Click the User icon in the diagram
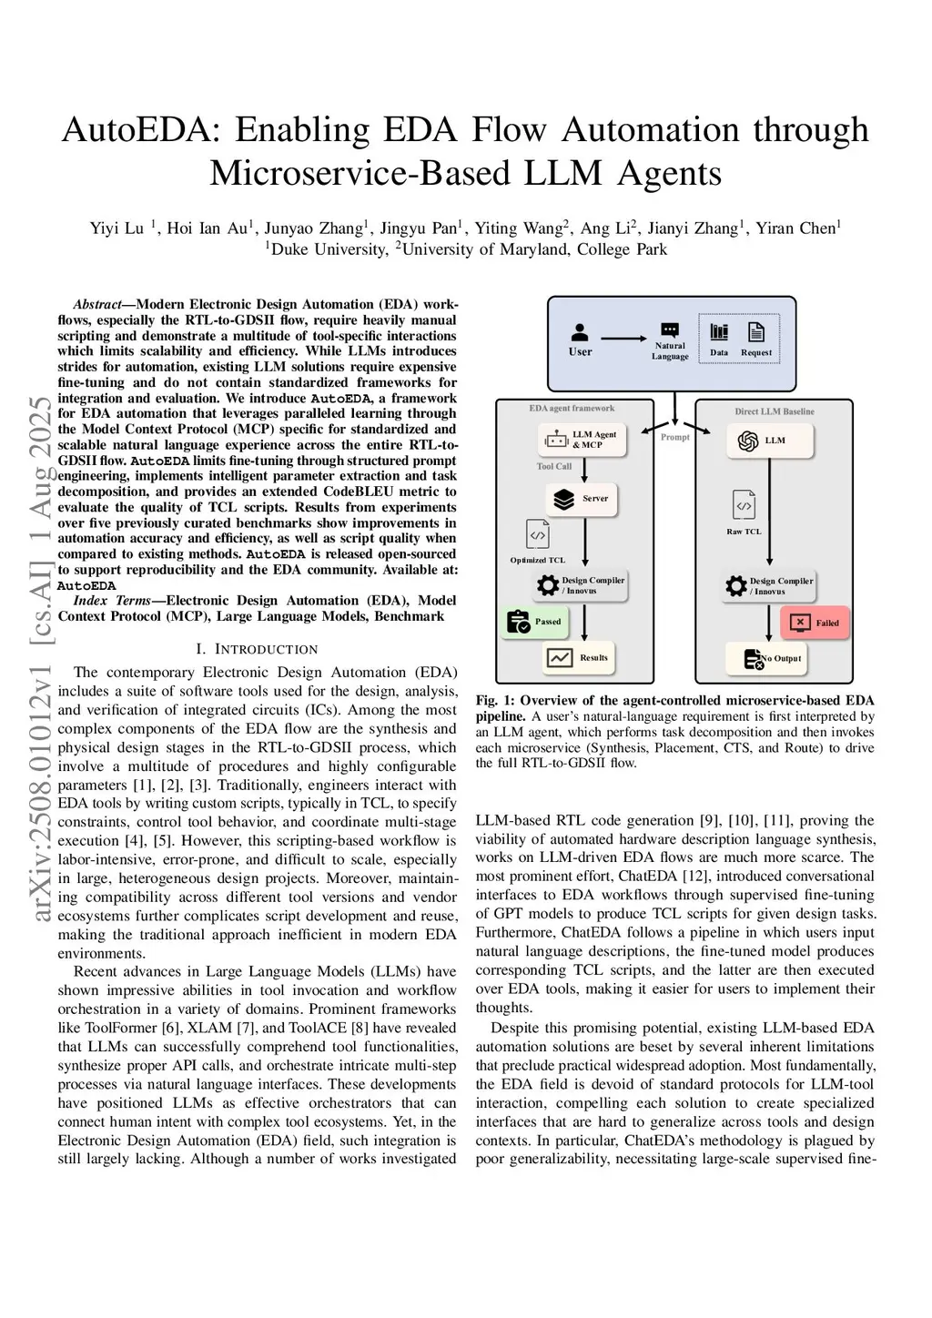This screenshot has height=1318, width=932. tap(580, 333)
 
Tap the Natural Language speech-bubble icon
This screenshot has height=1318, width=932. tap(670, 330)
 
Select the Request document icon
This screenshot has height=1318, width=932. tap(755, 332)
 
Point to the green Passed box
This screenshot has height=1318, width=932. tap(534, 622)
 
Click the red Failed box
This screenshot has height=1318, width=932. tap(815, 623)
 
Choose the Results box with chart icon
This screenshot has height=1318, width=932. tap(578, 657)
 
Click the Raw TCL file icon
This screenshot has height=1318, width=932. tap(744, 505)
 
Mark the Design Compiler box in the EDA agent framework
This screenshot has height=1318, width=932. tap(581, 585)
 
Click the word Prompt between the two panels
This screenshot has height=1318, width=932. tap(675, 437)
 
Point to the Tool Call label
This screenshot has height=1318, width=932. tap(554, 466)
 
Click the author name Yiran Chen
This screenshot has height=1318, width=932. tap(805, 228)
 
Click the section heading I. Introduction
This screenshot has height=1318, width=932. tap(257, 649)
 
